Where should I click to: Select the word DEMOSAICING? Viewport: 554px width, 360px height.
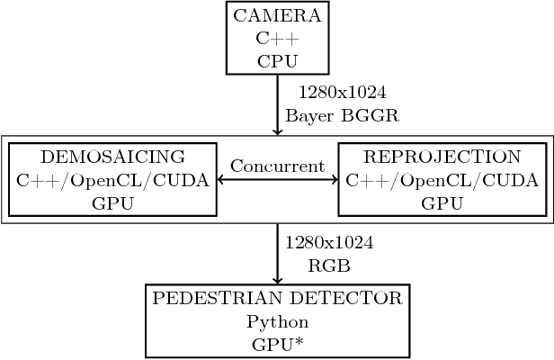coord(112,157)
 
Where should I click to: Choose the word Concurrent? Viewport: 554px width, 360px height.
coord(277,166)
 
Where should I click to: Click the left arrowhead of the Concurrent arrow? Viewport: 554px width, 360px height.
coord(223,180)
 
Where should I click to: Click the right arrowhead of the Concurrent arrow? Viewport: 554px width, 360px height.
coord(332,180)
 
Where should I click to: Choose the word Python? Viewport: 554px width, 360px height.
coord(277,321)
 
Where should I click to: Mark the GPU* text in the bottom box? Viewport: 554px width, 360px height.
coord(277,344)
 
